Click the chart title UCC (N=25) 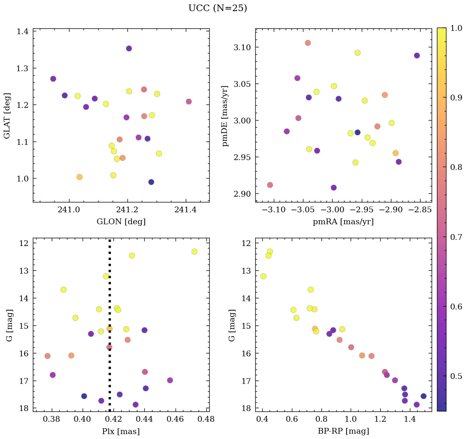coord(217,8)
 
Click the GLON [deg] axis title coord(121,222)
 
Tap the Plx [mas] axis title coord(121,431)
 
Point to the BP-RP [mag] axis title coord(343,431)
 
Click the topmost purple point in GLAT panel coord(129,49)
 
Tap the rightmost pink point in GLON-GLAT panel coord(189,102)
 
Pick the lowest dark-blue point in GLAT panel coord(151,182)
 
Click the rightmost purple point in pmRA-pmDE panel coord(417,56)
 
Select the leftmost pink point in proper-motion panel coord(270,185)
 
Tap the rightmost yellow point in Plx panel coord(194,251)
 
